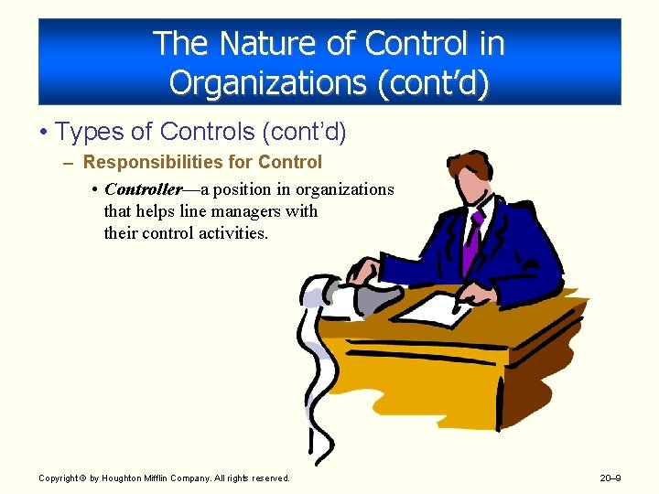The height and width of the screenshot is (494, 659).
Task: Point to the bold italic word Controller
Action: pyautogui.click(x=143, y=189)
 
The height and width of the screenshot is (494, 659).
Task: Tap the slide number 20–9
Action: pyautogui.click(x=611, y=478)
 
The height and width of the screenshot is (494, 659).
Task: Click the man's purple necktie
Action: pyautogui.click(x=472, y=242)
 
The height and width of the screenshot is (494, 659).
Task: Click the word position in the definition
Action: pyautogui.click(x=261, y=189)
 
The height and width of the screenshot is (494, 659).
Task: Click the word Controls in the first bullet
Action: pyautogui.click(x=208, y=132)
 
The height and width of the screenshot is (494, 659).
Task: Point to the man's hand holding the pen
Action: pyautogui.click(x=476, y=295)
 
